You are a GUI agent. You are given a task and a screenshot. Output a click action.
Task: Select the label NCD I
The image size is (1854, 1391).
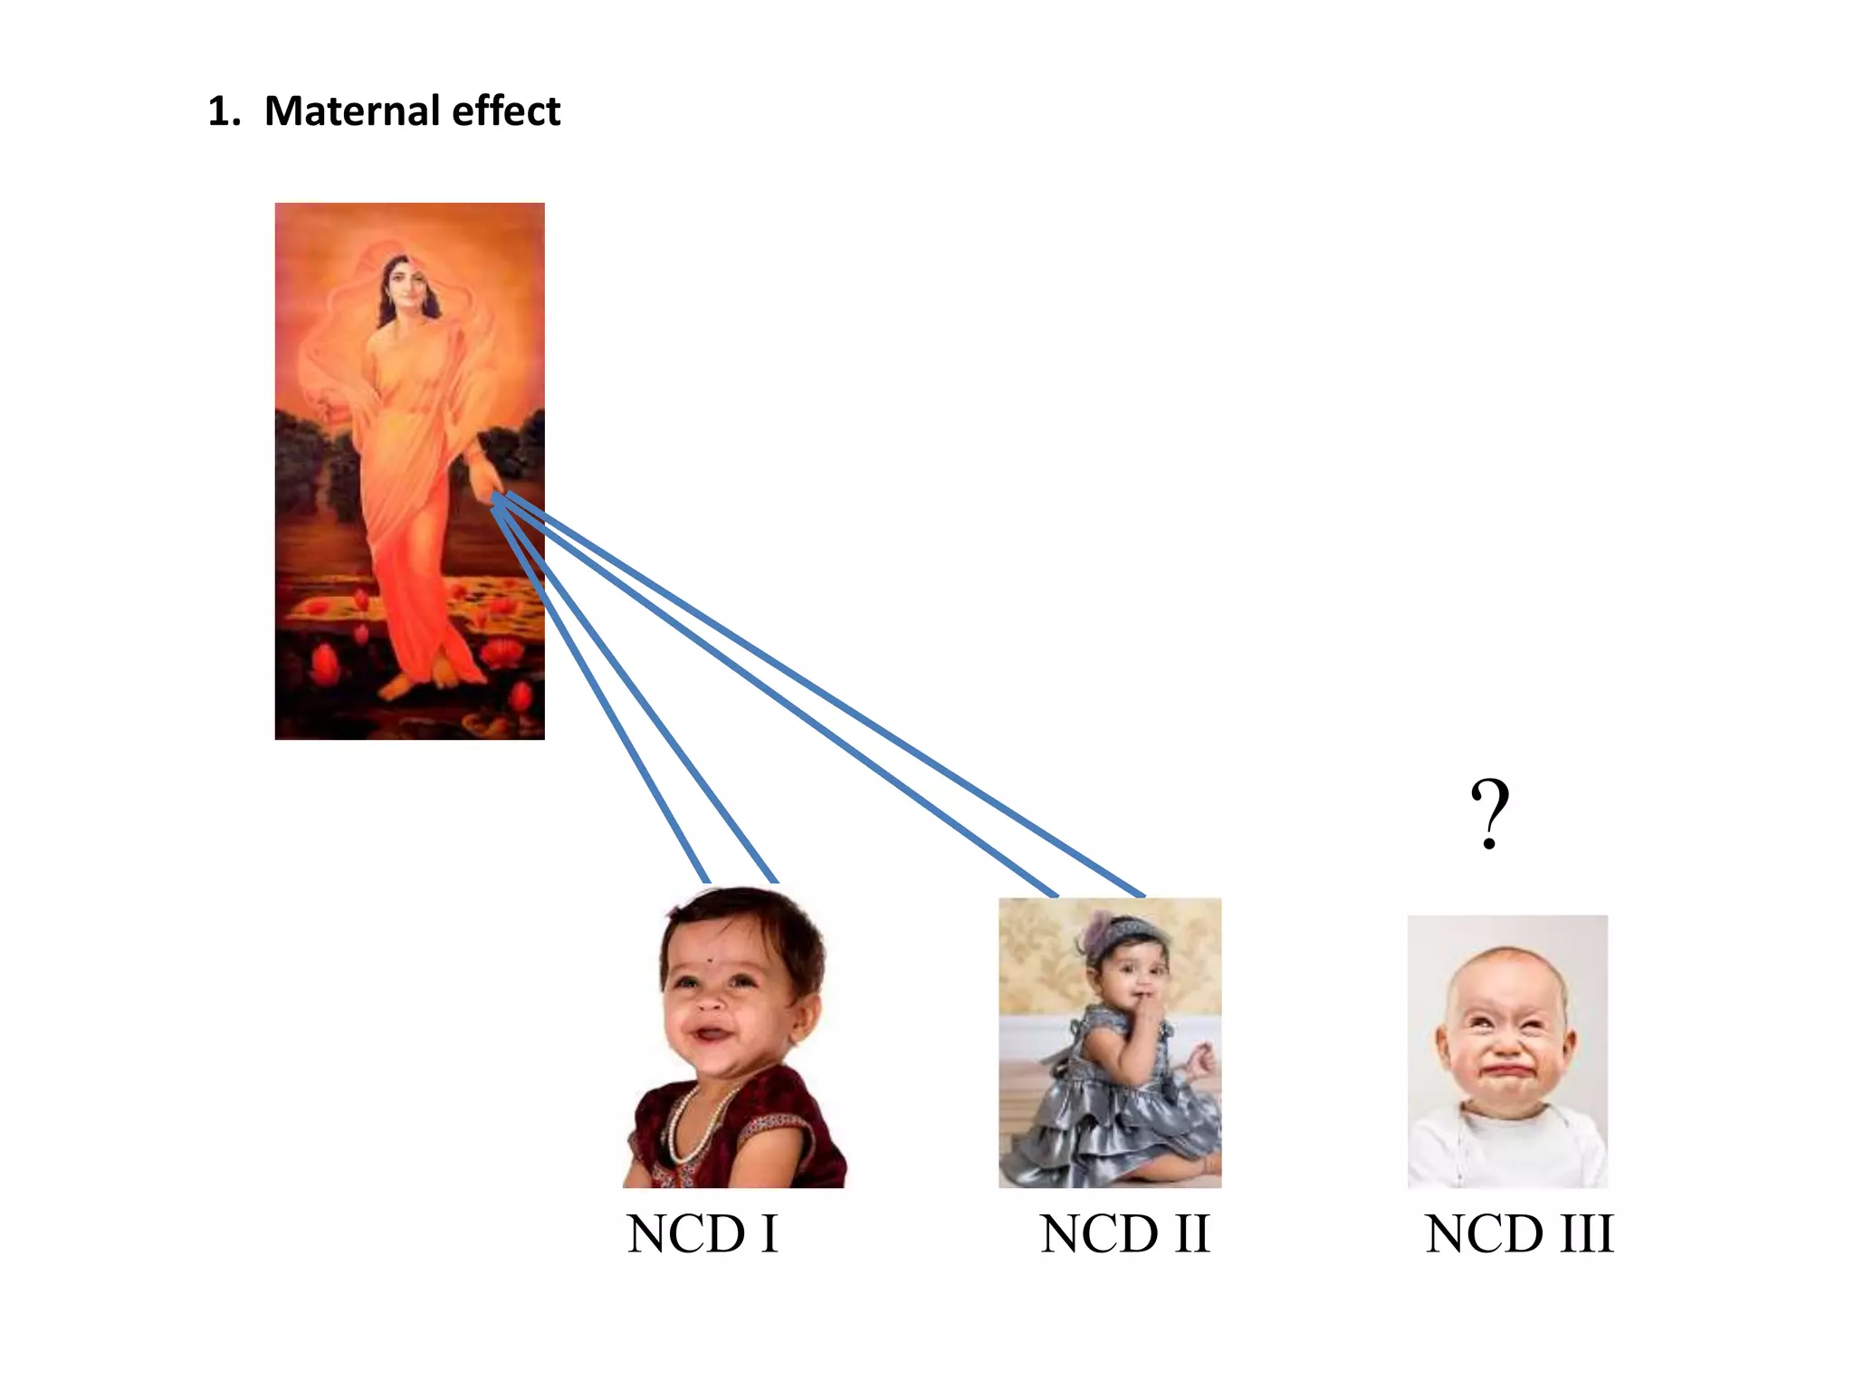(x=702, y=1233)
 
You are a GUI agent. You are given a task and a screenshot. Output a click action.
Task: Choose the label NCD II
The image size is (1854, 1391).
(x=1124, y=1233)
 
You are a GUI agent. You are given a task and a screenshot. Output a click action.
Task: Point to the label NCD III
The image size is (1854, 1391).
(x=1518, y=1233)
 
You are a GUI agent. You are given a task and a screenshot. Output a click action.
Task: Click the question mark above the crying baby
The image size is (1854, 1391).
(x=1489, y=812)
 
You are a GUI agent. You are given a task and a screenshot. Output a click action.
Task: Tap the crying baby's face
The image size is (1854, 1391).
(x=1505, y=1041)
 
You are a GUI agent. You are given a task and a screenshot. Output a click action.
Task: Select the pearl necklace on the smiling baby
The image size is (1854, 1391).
(x=688, y=1123)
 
